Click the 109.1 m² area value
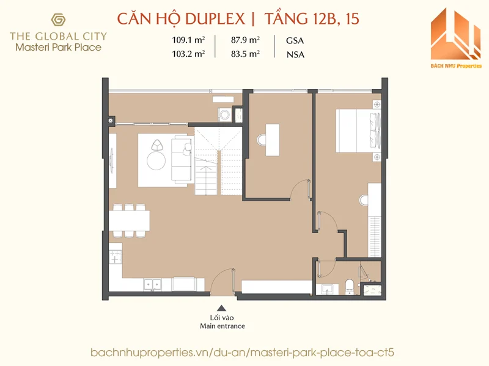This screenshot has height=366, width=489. [x=188, y=41]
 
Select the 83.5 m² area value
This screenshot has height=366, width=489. [x=246, y=54]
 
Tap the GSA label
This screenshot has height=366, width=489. [x=295, y=41]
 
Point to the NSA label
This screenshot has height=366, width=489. [x=295, y=54]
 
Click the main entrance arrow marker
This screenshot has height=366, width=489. [x=222, y=309]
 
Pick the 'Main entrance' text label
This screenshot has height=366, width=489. [x=222, y=326]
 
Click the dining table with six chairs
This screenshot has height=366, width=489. [x=130, y=220]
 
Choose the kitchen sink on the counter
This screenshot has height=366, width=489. [x=153, y=284]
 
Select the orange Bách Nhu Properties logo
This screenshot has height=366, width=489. [x=455, y=37]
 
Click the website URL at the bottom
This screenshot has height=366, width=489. [x=244, y=353]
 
